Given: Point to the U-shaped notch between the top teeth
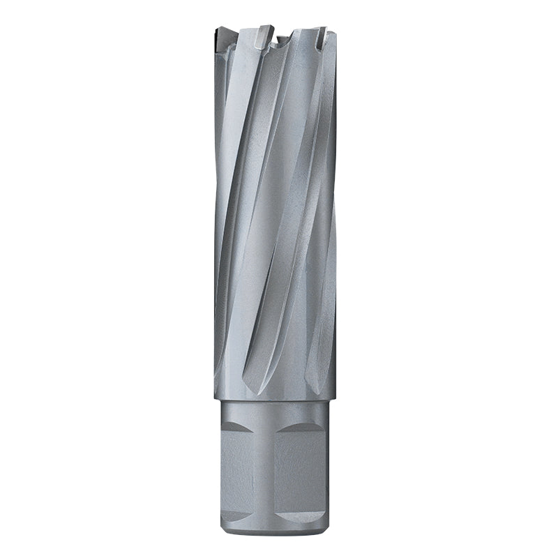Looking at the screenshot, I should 282,39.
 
